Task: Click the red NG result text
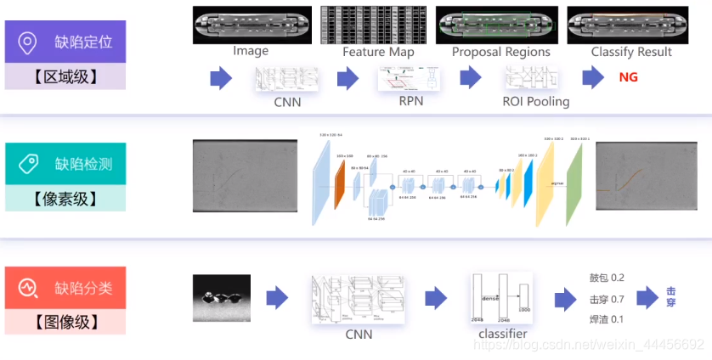[629, 77]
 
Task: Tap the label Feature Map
[378, 52]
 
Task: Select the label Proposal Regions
[500, 52]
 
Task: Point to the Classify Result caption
[631, 52]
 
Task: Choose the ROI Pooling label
[535, 102]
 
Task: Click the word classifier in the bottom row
[502, 334]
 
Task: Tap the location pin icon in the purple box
[28, 42]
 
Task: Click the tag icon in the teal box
[28, 163]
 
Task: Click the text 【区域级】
[65, 77]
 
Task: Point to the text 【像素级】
[65, 200]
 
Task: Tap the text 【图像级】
[65, 322]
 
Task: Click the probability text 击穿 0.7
[607, 299]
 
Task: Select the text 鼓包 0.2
[607, 278]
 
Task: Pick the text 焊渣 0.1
[607, 320]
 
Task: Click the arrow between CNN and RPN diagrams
[348, 80]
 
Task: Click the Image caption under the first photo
[251, 51]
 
